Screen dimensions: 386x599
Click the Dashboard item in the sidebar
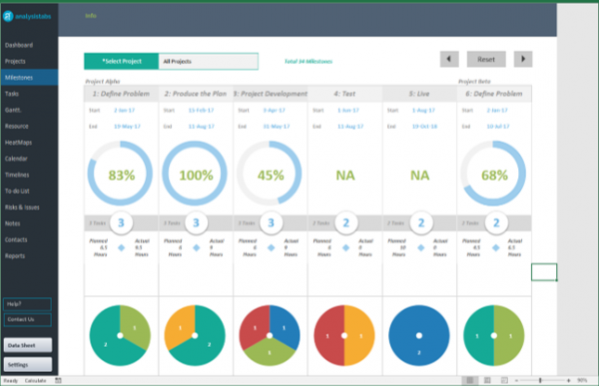19,46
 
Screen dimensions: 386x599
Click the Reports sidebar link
16,255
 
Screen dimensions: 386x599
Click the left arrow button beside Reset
449,60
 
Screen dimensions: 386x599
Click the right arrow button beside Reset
522,60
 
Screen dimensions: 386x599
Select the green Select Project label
121,62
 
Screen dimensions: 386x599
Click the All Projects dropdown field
208,62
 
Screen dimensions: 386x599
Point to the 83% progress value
121,175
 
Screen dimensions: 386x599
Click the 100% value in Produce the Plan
196,175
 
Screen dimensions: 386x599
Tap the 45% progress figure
271,175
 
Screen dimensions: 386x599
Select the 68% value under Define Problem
495,175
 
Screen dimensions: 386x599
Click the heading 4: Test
345,93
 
